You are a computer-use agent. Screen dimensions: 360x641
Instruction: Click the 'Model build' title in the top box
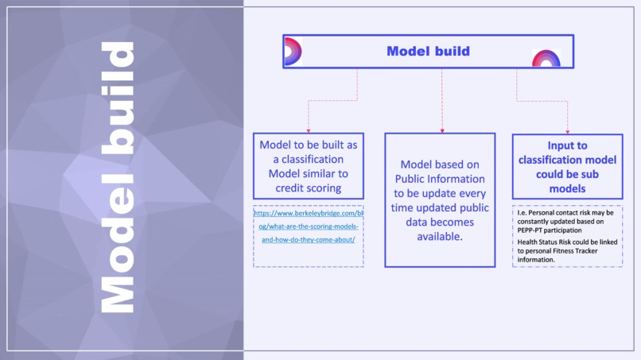pos(428,52)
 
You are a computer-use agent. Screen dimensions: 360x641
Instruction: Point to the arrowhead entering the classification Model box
pos(309,130)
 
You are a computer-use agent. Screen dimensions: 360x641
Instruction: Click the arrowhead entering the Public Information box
pos(442,130)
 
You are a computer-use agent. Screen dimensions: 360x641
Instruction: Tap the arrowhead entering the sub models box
pos(567,130)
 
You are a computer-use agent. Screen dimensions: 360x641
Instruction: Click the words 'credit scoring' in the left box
pos(309,188)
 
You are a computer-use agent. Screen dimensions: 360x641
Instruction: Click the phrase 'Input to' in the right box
pos(567,146)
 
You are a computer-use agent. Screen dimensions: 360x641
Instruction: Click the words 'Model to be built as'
pos(309,145)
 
